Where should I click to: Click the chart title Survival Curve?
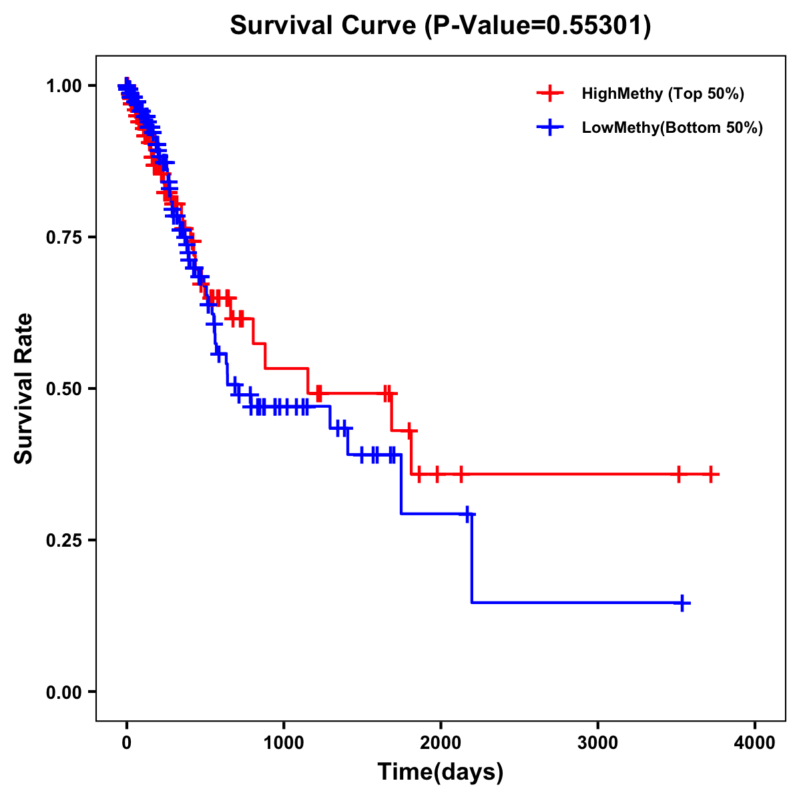(x=440, y=25)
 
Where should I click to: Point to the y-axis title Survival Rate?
(x=24, y=388)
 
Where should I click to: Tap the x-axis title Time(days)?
(x=441, y=772)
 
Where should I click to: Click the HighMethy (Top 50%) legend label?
(x=662, y=93)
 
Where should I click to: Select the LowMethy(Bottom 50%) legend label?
(x=672, y=127)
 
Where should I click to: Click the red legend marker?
(x=549, y=93)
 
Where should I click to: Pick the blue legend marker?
(x=549, y=127)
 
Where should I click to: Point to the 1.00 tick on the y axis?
(x=63, y=86)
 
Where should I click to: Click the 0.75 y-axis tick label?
(x=63, y=238)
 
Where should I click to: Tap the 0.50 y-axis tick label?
(x=63, y=389)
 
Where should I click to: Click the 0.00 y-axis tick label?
(x=63, y=692)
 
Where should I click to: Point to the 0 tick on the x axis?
(x=127, y=742)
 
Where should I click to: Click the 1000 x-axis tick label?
(x=284, y=742)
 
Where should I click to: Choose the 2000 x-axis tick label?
(x=441, y=742)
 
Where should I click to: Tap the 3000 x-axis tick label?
(x=597, y=742)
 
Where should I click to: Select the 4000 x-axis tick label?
(x=755, y=742)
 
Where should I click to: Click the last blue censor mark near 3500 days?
(x=682, y=603)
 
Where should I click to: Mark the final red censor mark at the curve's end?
(x=711, y=474)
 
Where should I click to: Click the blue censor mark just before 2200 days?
(x=467, y=514)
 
